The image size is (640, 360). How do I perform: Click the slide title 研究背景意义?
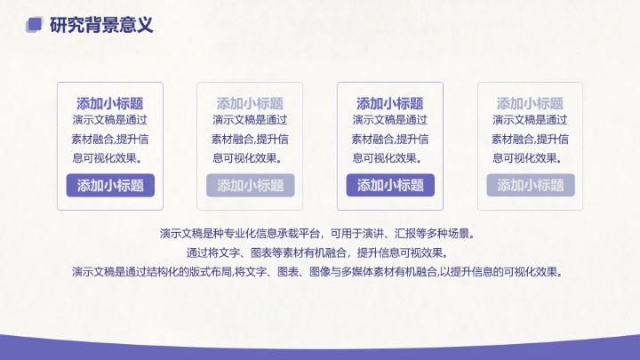coord(101,25)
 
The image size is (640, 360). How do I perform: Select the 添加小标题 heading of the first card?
coord(110,103)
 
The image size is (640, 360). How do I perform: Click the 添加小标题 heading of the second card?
coord(250,103)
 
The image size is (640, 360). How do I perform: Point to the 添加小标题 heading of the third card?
coord(390,103)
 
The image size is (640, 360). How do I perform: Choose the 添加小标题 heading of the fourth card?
coord(530,103)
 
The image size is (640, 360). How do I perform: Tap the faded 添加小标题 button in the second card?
coord(250,185)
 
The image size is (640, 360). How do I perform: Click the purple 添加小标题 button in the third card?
coord(390,185)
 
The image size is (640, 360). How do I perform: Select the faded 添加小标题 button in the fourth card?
coord(530,185)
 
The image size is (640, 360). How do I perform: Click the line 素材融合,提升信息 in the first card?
coord(110,139)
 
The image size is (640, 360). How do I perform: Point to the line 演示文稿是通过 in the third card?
coord(390,120)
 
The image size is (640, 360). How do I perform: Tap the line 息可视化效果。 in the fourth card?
coord(530,157)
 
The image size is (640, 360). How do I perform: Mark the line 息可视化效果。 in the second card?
coord(250,157)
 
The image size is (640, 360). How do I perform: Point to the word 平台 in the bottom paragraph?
coord(308,234)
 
